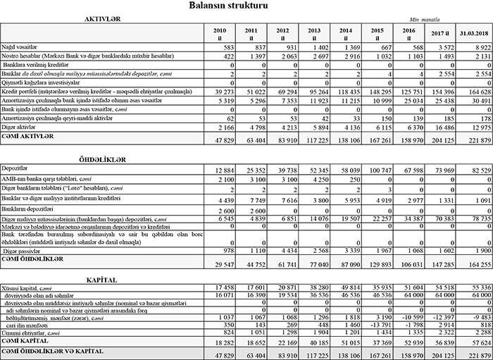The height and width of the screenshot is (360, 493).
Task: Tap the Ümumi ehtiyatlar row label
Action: click(x=26, y=331)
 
